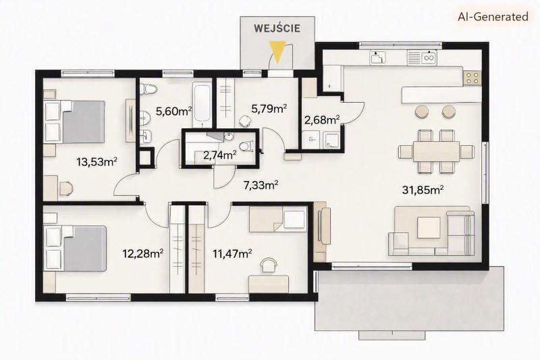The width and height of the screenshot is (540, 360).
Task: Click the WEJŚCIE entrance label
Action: pos(277,28)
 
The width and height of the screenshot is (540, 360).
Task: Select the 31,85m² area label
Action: pos(423,190)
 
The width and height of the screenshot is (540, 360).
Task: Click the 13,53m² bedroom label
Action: pos(97,161)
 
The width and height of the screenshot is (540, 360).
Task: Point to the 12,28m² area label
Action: pos(143,254)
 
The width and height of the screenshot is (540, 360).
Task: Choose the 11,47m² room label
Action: pos(232,254)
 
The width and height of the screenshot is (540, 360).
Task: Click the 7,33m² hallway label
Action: pos(261,185)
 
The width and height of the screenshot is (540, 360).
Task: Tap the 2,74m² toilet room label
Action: pos(220,155)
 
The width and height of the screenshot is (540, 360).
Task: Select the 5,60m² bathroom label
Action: pos(174,111)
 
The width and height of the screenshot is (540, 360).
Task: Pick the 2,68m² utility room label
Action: pos(322,120)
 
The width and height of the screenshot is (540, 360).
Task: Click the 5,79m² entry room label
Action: pos(269,109)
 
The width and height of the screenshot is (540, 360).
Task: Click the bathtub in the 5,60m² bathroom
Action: pos(202,105)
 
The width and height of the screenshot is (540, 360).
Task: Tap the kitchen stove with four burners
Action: pos(472,78)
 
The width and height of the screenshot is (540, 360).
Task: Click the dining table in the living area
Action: pos(436,151)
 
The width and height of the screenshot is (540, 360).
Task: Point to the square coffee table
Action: pos(429,228)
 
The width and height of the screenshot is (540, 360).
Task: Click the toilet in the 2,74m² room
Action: pos(246,147)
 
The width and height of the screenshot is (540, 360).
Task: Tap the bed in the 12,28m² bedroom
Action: pos(75,249)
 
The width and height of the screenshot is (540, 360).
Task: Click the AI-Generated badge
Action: pos(493,16)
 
